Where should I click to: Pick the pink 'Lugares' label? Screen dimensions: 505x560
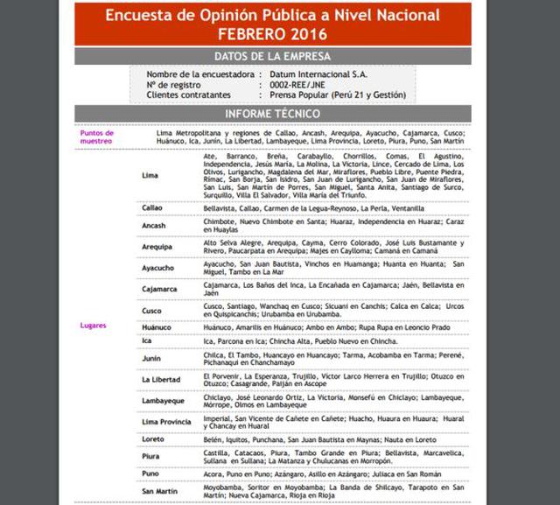click(93, 326)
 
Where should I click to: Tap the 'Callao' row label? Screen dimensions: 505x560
click(152, 209)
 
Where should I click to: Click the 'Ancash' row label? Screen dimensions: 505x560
click(154, 226)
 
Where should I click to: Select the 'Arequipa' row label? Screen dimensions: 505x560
click(157, 247)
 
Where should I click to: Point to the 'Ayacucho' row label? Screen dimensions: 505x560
click(158, 268)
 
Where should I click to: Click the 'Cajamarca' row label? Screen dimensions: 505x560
click(160, 289)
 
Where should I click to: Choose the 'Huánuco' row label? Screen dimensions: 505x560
click(157, 327)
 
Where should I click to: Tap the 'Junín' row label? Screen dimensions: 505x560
click(151, 359)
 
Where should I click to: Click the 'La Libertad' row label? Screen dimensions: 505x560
click(160, 380)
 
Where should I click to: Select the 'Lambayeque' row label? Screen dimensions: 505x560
click(164, 401)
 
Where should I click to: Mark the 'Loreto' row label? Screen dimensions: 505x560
click(152, 439)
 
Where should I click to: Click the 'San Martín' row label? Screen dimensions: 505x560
click(160, 492)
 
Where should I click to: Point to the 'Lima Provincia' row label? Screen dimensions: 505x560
click(166, 422)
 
